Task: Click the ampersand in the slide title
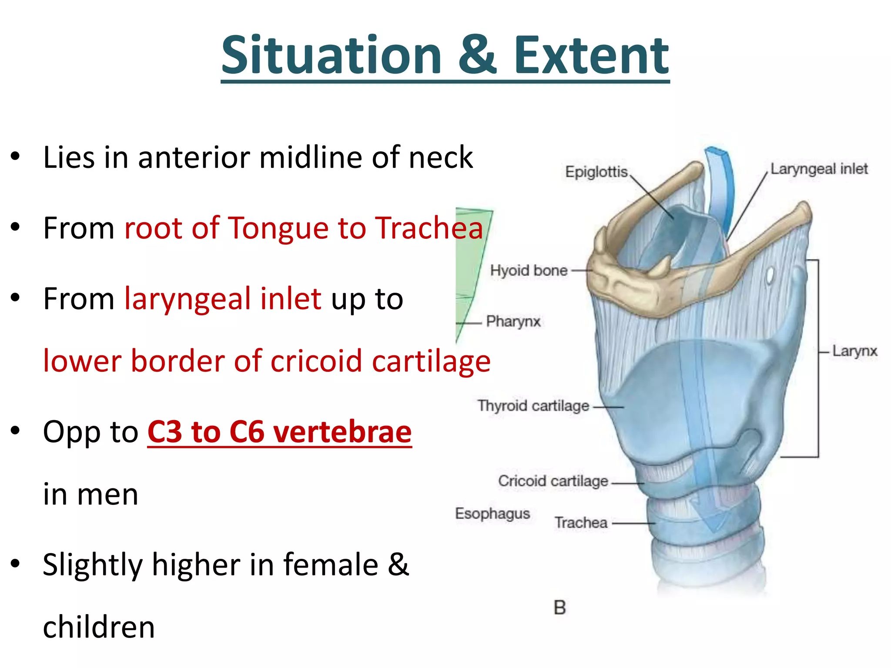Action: click(x=477, y=55)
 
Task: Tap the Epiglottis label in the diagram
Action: click(x=596, y=172)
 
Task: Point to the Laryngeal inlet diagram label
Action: click(x=819, y=169)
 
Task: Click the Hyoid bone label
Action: click(x=529, y=271)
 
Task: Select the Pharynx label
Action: click(x=513, y=321)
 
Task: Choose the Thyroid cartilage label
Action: click(x=533, y=406)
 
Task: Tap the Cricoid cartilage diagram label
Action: click(x=553, y=481)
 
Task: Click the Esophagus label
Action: click(x=492, y=514)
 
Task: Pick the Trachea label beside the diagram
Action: click(x=581, y=522)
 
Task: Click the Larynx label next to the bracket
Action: click(x=854, y=351)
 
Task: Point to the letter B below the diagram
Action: click(x=560, y=608)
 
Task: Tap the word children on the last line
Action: click(x=99, y=627)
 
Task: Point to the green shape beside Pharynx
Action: click(x=470, y=261)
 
